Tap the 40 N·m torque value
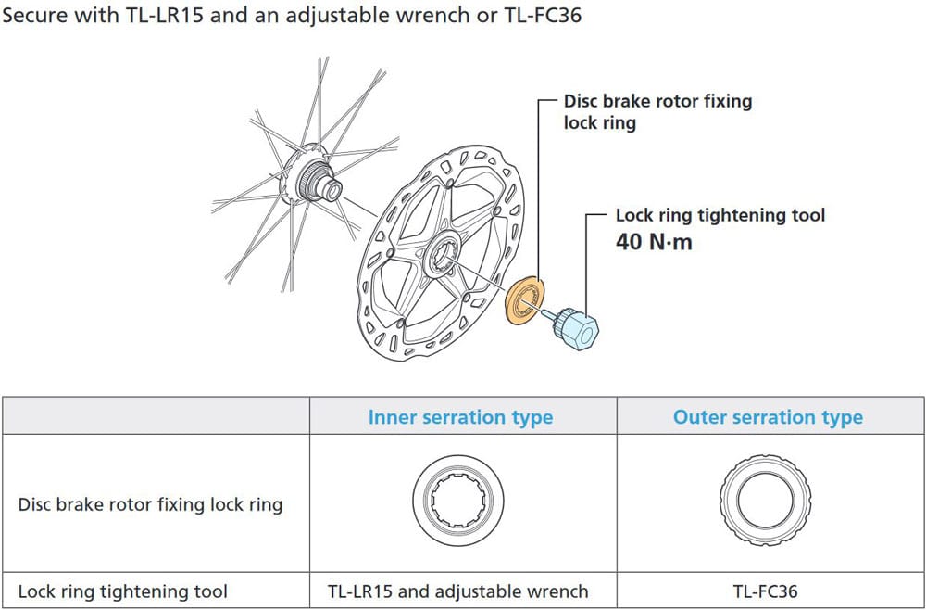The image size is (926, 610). [x=654, y=243]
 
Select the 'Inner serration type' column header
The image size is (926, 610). [x=460, y=417]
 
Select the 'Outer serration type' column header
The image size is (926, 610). [x=768, y=417]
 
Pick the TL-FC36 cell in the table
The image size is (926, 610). [x=768, y=591]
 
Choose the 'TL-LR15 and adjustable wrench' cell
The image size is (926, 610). [x=460, y=591]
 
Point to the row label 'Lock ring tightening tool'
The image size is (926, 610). [x=123, y=591]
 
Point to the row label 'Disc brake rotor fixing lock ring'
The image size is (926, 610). [x=150, y=505]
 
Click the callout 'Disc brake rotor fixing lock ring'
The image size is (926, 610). [x=657, y=111]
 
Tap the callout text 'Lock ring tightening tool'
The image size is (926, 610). [x=720, y=215]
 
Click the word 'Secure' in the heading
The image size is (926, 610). [x=34, y=16]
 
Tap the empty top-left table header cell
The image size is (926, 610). [x=156, y=416]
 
